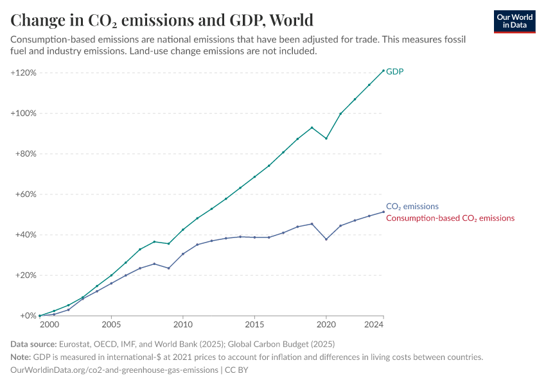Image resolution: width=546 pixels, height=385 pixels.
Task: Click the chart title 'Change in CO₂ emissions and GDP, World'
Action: click(x=162, y=20)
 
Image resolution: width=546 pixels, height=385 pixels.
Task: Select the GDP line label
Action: click(x=394, y=71)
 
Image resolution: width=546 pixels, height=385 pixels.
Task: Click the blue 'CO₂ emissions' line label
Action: click(x=412, y=207)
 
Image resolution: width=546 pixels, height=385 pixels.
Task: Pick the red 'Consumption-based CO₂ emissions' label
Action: click(x=450, y=218)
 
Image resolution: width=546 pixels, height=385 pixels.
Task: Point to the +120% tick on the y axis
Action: click(x=24, y=73)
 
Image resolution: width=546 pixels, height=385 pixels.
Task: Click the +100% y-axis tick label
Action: click(x=24, y=114)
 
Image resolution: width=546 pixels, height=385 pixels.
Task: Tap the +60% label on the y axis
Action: click(x=26, y=194)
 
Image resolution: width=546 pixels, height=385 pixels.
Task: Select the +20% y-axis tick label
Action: click(x=26, y=275)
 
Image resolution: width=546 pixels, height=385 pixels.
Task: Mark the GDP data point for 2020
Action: click(x=326, y=139)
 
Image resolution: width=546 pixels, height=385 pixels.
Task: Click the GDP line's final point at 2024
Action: click(x=383, y=71)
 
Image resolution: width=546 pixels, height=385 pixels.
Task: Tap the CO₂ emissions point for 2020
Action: click(x=326, y=239)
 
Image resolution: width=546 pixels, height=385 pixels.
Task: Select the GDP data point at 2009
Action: click(x=169, y=243)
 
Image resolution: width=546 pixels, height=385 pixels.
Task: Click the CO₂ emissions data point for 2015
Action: click(x=254, y=237)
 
